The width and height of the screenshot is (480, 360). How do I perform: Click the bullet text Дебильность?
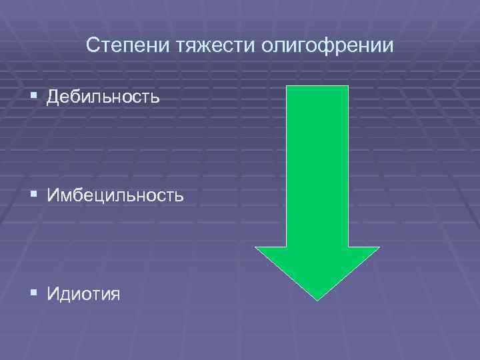(103, 97)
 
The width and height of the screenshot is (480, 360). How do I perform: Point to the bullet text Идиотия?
(84, 293)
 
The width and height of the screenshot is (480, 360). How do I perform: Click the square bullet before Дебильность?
(34, 97)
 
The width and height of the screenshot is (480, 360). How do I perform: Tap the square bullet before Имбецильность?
(34, 195)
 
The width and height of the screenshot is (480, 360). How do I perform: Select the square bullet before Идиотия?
(34, 293)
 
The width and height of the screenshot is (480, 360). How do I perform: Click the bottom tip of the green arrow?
(317, 300)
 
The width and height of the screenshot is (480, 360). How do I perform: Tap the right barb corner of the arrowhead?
(379, 247)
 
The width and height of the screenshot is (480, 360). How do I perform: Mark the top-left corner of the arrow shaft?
(287, 87)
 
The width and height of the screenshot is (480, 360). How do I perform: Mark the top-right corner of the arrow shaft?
(348, 87)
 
